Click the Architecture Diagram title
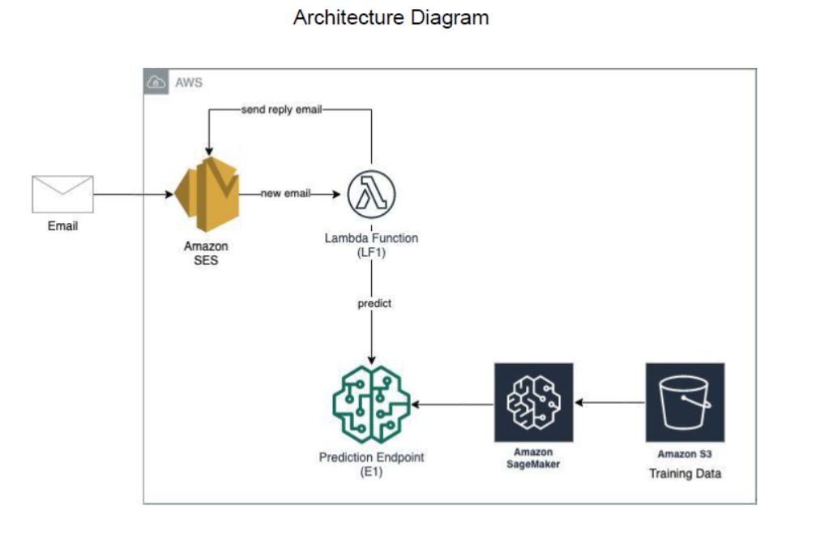(391, 18)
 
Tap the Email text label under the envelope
(62, 226)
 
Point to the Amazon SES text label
(206, 253)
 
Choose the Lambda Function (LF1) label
(371, 245)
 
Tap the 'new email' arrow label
(285, 195)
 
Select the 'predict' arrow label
(374, 303)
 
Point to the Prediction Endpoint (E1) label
(371, 465)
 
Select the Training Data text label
(685, 474)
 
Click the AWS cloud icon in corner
(156, 82)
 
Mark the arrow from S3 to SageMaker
(609, 402)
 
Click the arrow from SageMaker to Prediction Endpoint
(452, 403)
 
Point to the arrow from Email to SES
(134, 195)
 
